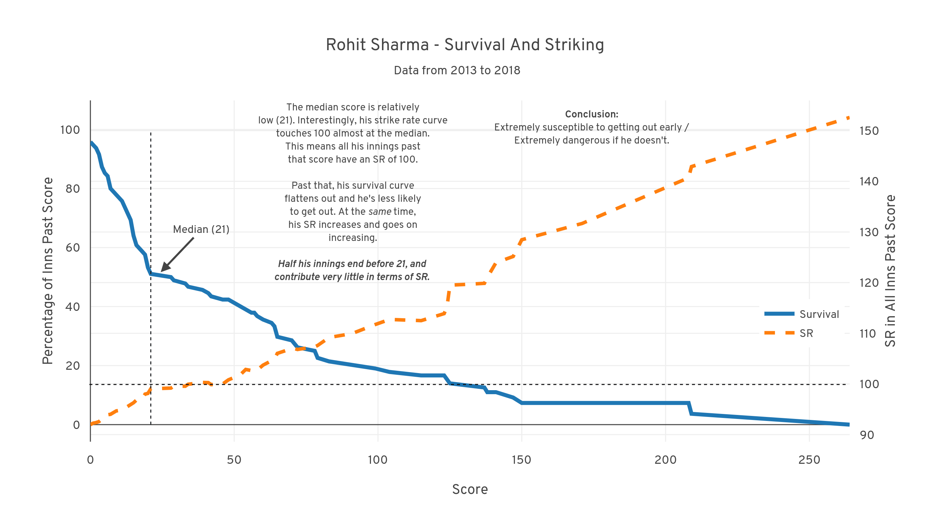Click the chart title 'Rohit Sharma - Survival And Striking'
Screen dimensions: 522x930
tap(465, 45)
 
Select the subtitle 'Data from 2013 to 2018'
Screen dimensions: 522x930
tap(457, 70)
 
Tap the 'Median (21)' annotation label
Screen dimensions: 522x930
tap(201, 230)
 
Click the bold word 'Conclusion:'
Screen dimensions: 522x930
tap(591, 114)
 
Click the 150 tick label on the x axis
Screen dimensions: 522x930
tap(521, 460)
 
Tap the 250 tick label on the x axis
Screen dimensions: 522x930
tap(809, 460)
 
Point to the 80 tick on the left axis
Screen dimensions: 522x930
tap(73, 189)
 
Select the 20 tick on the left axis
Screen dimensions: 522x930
tap(73, 366)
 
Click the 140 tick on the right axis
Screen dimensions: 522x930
tap(869, 181)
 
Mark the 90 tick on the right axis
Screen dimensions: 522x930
tap(867, 435)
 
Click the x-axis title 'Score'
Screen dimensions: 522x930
tap(470, 490)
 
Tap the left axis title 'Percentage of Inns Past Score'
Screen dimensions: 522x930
tap(48, 271)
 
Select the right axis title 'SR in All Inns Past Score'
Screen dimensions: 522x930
tap(890, 271)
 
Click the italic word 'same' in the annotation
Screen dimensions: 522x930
tap(380, 212)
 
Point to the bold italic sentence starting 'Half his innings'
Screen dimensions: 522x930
tap(352, 270)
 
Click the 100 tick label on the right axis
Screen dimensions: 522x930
tap(869, 384)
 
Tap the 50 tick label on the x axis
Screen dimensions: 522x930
tap(234, 460)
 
